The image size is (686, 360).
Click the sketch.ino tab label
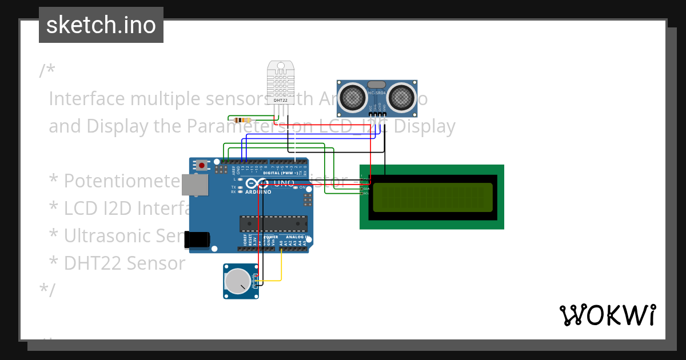101,25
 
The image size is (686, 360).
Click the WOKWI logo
607,315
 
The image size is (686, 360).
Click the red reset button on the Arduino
202,165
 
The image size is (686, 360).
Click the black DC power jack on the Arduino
196,239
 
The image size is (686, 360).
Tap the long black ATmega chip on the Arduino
273,223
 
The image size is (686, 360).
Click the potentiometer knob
237,281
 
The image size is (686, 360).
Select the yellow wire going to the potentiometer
281,269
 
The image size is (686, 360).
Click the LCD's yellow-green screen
432,197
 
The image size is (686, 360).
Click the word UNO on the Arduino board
284,183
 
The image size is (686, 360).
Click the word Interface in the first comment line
86,99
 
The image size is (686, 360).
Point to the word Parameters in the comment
240,126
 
